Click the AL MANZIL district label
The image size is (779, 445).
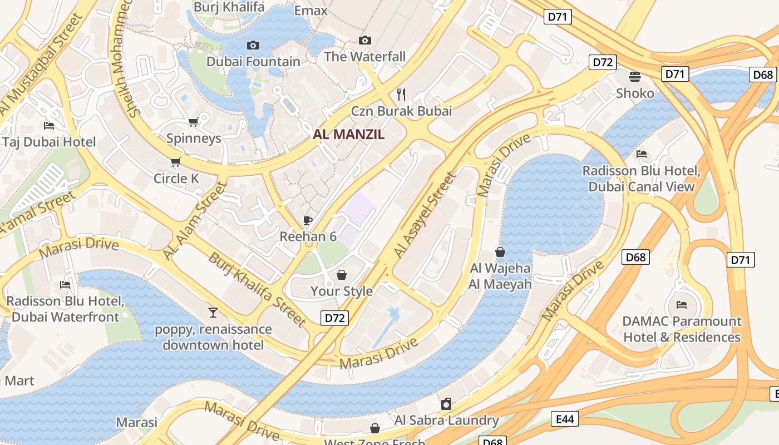tap(348, 134)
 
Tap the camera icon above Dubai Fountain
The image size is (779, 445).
tap(253, 45)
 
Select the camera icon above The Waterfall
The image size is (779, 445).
tap(364, 40)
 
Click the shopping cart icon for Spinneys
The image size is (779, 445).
tap(193, 122)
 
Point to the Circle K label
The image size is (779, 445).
tap(176, 179)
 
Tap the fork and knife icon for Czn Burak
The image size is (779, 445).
tap(401, 95)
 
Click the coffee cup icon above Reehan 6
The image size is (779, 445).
tap(308, 221)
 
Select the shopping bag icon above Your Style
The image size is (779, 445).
tap(342, 275)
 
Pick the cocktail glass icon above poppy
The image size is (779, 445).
tap(213, 313)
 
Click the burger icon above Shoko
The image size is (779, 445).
tap(635, 77)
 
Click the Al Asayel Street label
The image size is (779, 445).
tap(426, 215)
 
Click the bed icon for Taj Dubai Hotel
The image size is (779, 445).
tap(49, 126)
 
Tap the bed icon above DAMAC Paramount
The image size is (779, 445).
tap(682, 304)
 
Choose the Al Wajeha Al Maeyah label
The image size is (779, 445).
tap(500, 276)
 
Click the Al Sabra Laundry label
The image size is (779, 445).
tap(446, 420)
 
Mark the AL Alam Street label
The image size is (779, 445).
tap(196, 220)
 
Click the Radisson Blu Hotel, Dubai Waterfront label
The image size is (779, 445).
tap(65, 309)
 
